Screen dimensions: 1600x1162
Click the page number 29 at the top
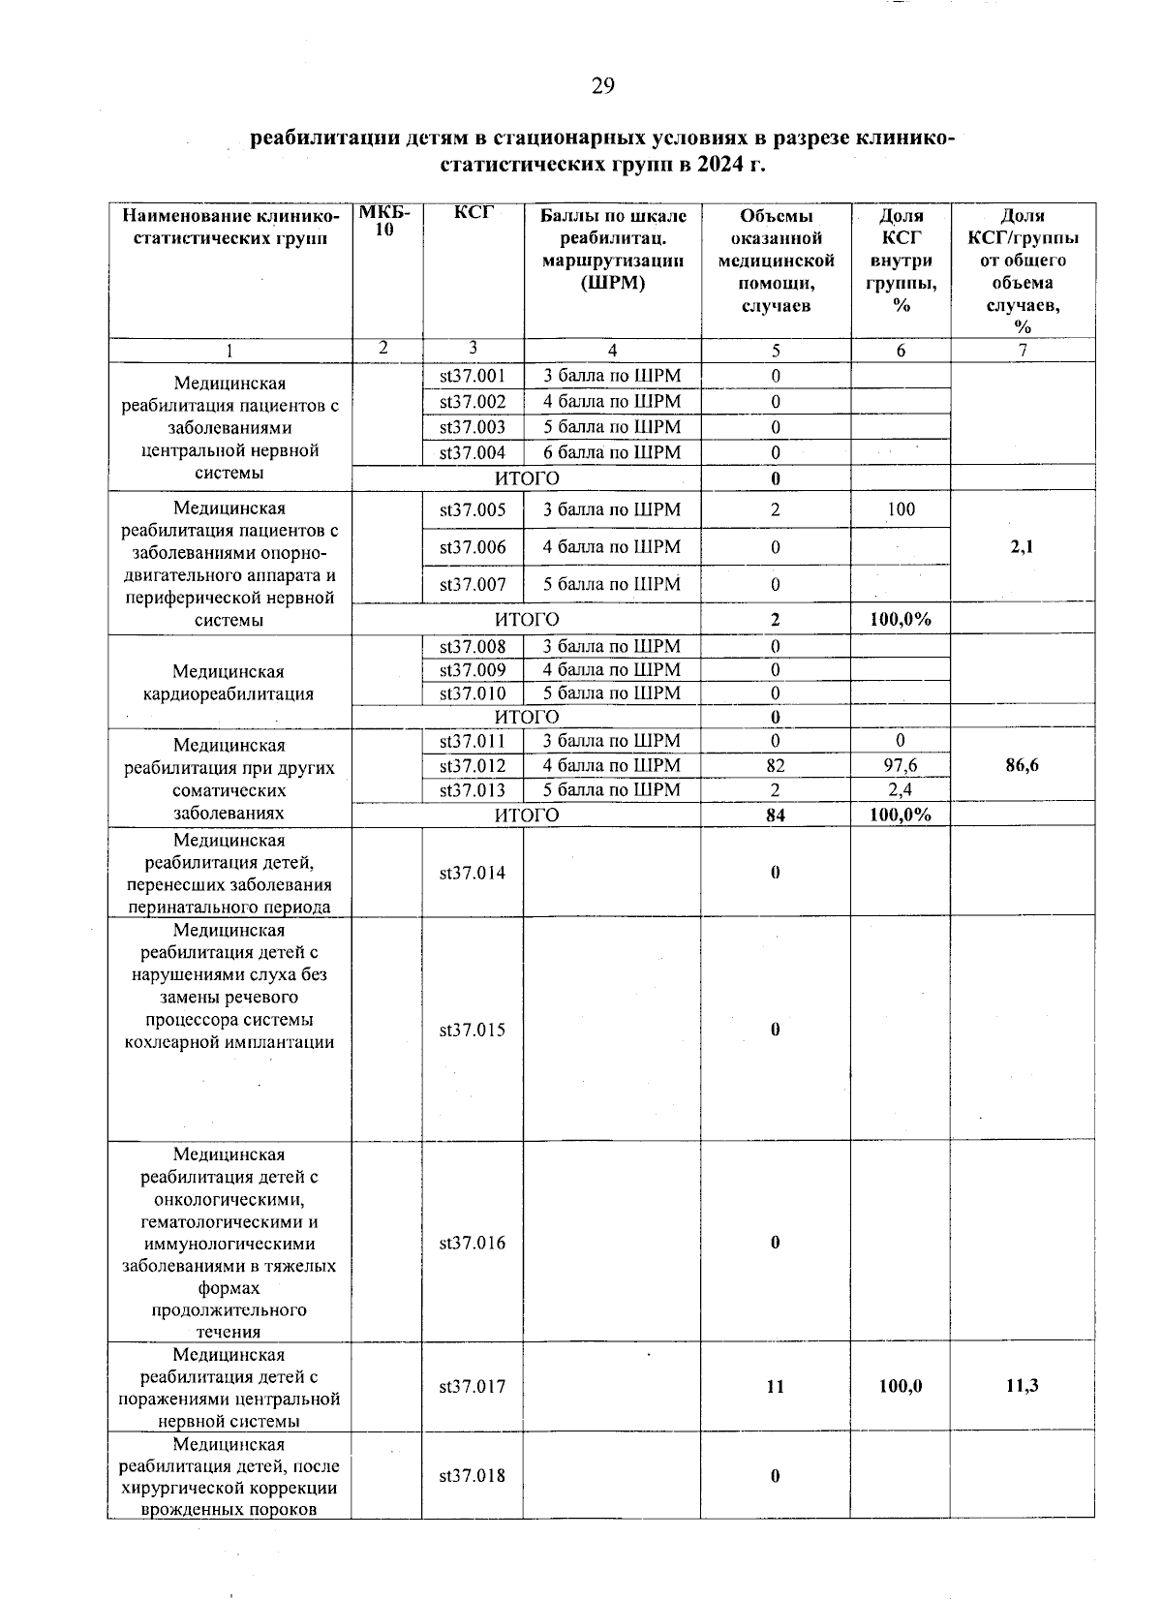tap(602, 87)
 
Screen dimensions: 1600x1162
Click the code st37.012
tap(473, 766)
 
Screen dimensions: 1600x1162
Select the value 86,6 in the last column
tap(1022, 765)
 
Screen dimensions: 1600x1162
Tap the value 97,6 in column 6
tap(901, 766)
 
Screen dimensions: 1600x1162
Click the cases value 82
tap(775, 766)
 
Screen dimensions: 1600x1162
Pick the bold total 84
tap(775, 815)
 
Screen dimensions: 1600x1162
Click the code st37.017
tap(473, 1386)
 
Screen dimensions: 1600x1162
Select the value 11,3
tap(1022, 1386)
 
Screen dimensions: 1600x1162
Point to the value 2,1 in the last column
tap(1022, 546)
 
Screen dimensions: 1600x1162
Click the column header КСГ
tap(473, 215)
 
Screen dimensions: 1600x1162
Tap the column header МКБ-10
tap(385, 222)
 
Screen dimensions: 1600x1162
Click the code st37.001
tap(473, 376)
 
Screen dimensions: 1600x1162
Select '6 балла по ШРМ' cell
tap(612, 452)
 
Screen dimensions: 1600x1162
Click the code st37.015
tap(473, 1030)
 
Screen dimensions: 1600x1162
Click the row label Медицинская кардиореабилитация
tap(229, 682)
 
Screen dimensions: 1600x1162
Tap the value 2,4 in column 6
tap(901, 790)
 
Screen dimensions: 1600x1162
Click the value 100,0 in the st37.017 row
tap(901, 1386)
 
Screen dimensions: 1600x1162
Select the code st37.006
tap(473, 546)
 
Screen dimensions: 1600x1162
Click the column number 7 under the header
tap(1022, 351)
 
